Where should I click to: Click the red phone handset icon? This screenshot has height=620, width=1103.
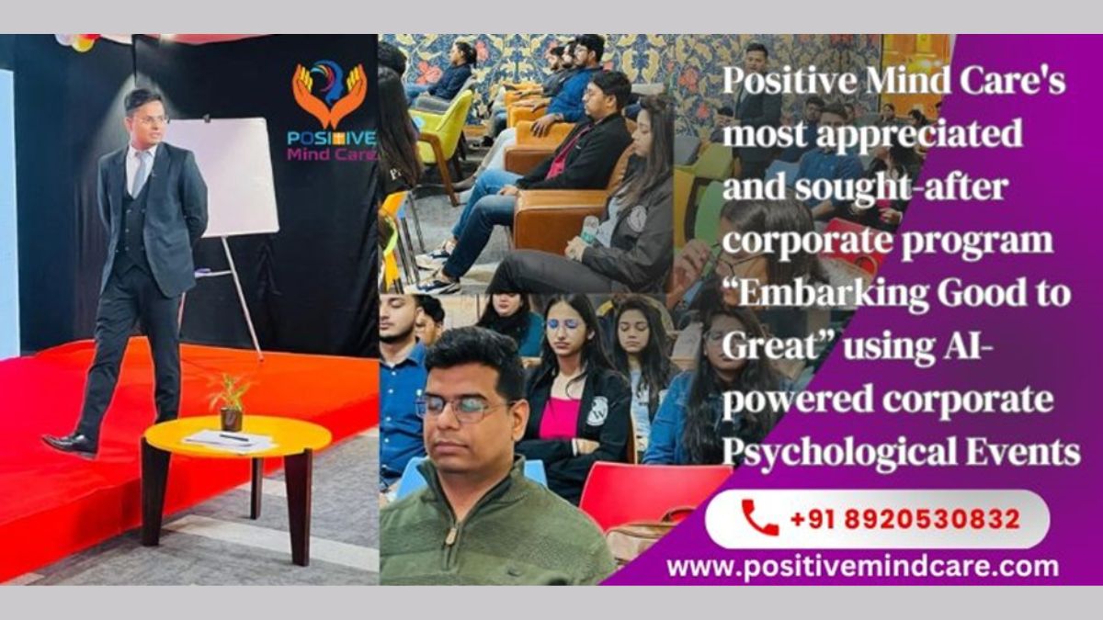tap(760, 517)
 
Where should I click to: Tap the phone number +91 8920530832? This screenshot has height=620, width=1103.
tap(905, 519)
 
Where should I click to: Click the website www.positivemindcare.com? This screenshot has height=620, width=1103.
tap(863, 568)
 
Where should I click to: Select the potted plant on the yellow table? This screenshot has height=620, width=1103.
tap(229, 401)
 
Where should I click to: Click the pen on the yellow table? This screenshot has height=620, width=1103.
tap(234, 437)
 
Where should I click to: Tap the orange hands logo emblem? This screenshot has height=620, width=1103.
tap(329, 94)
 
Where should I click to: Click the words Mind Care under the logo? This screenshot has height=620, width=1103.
tap(332, 154)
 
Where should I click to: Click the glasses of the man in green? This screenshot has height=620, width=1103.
tap(463, 408)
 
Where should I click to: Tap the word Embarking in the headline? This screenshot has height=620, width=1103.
tap(826, 294)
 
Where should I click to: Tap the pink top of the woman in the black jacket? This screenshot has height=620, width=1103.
tap(560, 417)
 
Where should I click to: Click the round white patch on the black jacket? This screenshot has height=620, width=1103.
tap(597, 411)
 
